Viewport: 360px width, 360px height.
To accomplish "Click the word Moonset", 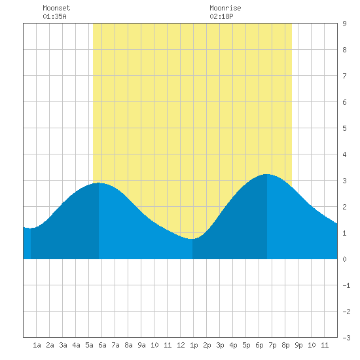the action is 56,8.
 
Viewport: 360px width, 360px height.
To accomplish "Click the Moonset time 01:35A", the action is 54,16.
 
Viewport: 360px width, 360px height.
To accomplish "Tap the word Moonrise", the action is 225,8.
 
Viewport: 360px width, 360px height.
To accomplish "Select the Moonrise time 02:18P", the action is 221,16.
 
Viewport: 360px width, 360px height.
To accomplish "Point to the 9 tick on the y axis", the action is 344,24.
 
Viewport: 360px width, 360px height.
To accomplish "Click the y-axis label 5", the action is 344,128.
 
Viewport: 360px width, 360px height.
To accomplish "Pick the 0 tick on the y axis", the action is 344,259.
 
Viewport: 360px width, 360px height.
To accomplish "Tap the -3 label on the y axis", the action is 346,338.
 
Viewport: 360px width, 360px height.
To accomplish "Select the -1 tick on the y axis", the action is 346,285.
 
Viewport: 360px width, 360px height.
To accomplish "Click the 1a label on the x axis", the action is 37,345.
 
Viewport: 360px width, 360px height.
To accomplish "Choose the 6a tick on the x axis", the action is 102,345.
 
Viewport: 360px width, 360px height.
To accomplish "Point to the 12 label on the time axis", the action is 181,345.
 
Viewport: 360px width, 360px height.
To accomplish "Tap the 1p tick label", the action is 194,345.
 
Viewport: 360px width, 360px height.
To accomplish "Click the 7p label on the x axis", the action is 272,345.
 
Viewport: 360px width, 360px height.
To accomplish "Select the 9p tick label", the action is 298,345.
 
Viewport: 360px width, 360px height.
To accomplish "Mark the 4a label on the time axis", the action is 76,345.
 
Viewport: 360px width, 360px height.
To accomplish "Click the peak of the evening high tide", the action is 267,174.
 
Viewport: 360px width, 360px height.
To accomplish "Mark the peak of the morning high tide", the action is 99,183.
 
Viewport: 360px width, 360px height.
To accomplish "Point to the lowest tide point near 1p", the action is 192,239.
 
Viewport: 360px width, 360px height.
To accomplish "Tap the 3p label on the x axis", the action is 220,345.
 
